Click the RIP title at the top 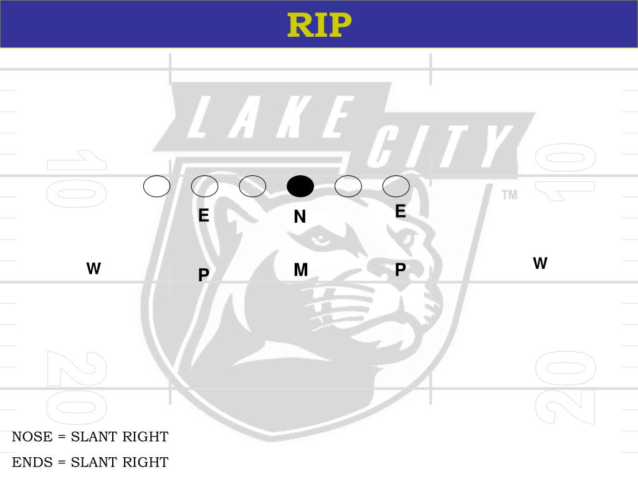(319, 25)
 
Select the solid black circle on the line (300, 186)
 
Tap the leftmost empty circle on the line (156, 186)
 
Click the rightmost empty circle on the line (396, 186)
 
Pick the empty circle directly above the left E (204, 186)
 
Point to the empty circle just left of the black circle (252, 186)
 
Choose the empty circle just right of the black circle (348, 186)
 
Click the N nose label (300, 216)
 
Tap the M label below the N (300, 270)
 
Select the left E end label (204, 216)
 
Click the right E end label (401, 212)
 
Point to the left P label (204, 275)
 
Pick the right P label (401, 269)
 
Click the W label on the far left (93, 269)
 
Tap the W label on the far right (540, 263)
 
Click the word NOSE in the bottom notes (32, 437)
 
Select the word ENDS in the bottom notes (32, 462)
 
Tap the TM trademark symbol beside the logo (510, 195)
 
